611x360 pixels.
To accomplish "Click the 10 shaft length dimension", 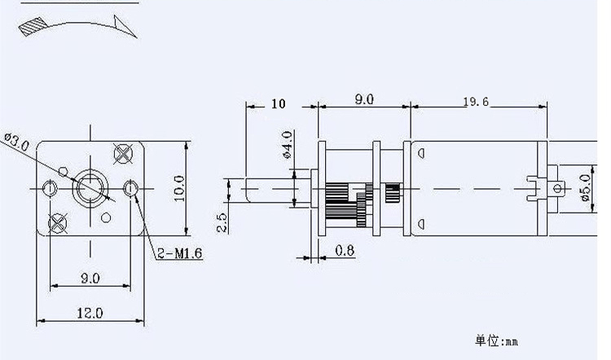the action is (x=279, y=103).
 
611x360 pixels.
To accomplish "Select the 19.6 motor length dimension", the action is (x=476, y=102).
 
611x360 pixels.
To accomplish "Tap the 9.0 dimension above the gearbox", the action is (x=364, y=99).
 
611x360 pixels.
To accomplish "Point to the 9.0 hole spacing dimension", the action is (x=90, y=279).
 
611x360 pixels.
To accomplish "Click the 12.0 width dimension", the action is (x=90, y=313).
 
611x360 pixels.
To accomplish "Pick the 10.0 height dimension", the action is (x=179, y=188).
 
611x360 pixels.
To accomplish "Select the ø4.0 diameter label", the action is (x=288, y=145).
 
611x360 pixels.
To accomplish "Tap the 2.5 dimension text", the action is (x=222, y=222).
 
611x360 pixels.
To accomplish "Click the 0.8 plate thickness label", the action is (x=345, y=251).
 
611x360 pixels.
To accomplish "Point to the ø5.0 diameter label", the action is (x=585, y=187).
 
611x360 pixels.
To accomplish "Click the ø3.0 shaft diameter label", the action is (x=16, y=142).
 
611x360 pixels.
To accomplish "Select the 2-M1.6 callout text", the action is (x=180, y=253).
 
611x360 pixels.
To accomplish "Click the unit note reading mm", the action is (x=496, y=341).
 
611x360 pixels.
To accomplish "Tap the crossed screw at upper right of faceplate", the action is (x=123, y=153).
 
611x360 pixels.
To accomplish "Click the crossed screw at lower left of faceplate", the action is (x=57, y=223).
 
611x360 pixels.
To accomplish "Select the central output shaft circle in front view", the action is (x=90, y=189).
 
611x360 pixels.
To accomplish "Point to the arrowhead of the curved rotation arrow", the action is (x=125, y=26).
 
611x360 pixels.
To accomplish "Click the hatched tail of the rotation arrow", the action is (x=33, y=27).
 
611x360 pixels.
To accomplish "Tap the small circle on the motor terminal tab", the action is (x=557, y=189).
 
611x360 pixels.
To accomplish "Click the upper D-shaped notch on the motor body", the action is (x=421, y=153).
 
